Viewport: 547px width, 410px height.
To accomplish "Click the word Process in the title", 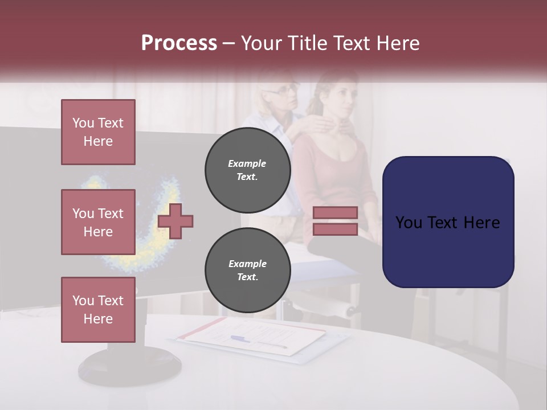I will click(x=179, y=43).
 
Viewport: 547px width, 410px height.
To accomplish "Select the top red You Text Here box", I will click(x=98, y=132).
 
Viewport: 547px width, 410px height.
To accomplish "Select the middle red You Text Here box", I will click(x=98, y=222).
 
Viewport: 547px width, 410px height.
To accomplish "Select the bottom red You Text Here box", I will click(x=98, y=309).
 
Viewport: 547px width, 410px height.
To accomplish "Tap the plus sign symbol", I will click(x=175, y=220).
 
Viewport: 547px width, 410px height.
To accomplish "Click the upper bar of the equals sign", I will click(x=335, y=212).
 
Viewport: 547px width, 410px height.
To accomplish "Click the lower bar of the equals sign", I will click(x=335, y=229).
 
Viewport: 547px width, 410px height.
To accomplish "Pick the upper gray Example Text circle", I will click(x=247, y=170).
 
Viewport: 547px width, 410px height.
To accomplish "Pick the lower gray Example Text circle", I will click(x=247, y=270).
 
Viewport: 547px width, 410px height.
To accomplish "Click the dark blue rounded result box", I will click(x=448, y=222).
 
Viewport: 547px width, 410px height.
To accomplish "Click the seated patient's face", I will click(x=341, y=97).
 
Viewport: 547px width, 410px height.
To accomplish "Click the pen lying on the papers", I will click(x=259, y=342).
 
